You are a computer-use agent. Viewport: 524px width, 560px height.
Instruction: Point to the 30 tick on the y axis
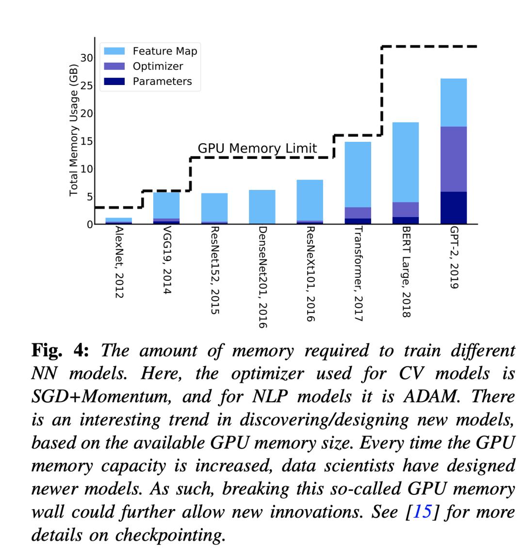86,58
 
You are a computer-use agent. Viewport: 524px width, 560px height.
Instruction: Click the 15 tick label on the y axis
86,141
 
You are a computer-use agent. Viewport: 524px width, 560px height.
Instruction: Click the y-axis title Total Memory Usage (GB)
74,130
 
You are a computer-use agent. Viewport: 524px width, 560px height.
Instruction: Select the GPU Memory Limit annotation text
257,148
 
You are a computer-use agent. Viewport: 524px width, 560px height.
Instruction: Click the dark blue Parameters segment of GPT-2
453,207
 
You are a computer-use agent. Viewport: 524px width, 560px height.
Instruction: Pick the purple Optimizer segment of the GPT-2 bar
453,159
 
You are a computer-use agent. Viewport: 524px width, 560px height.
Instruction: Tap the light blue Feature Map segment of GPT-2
453,102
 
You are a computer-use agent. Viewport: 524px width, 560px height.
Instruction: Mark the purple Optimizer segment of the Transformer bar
358,213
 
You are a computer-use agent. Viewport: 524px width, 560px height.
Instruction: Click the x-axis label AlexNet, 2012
119,262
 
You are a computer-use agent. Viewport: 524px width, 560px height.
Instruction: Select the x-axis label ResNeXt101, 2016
311,274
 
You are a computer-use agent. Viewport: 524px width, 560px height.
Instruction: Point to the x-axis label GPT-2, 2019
454,258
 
